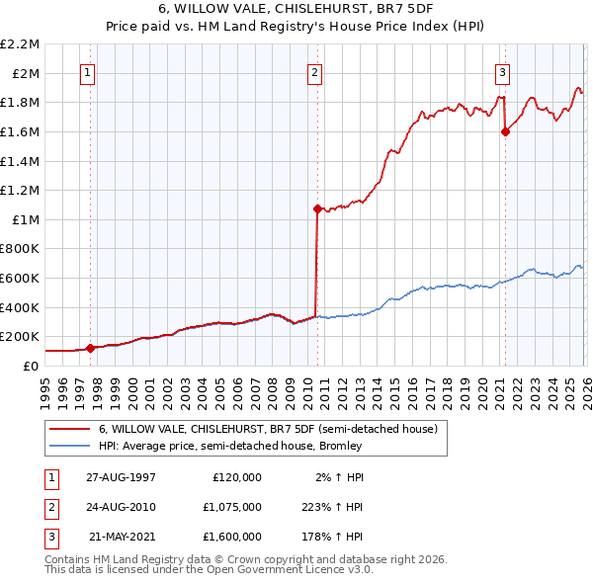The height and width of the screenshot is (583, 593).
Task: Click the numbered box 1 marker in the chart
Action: point(89,71)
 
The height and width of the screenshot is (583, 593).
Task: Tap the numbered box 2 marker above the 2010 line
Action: point(314,71)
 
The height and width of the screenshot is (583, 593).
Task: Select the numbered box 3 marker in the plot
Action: point(502,71)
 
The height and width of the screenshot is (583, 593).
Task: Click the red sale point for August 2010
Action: point(317,208)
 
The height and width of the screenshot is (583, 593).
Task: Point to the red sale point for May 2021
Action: point(505,131)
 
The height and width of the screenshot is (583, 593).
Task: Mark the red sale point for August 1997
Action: point(91,348)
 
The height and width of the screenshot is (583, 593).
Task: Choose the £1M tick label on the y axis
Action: point(26,219)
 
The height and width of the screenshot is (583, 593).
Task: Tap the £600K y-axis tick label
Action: point(22,278)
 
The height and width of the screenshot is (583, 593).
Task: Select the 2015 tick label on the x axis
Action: point(394,386)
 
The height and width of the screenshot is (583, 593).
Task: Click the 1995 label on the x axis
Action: point(45,386)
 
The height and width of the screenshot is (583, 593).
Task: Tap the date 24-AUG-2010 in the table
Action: point(121,507)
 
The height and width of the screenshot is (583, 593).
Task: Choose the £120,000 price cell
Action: point(237,477)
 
